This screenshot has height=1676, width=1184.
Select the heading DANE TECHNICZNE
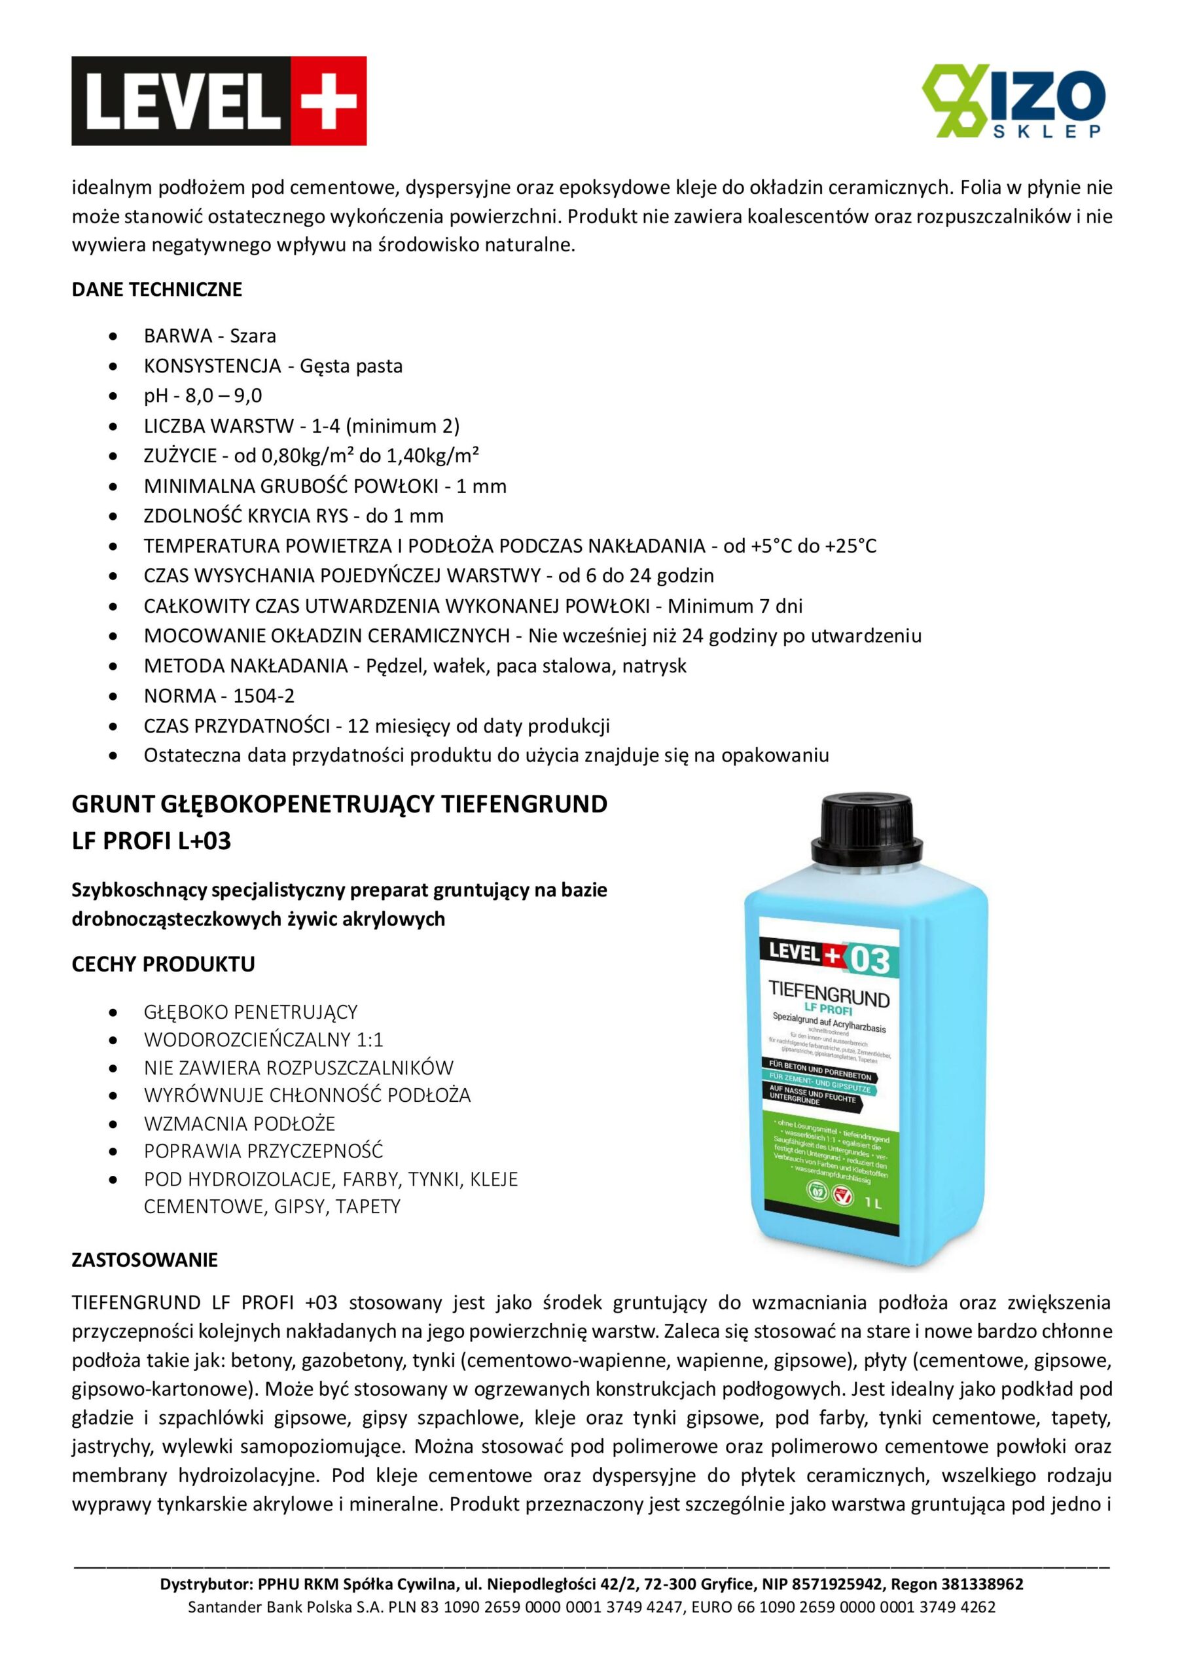pos(156,289)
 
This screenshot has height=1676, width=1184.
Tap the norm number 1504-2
pos(264,696)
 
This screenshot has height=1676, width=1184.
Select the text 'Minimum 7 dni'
pos(735,606)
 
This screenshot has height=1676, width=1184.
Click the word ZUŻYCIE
pos(179,456)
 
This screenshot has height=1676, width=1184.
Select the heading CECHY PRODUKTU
pos(163,964)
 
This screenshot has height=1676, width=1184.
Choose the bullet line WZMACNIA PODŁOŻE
pos(240,1123)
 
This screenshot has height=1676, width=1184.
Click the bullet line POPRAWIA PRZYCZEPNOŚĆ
pos(263,1151)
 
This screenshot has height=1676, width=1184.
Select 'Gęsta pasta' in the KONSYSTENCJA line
pos(351,366)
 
